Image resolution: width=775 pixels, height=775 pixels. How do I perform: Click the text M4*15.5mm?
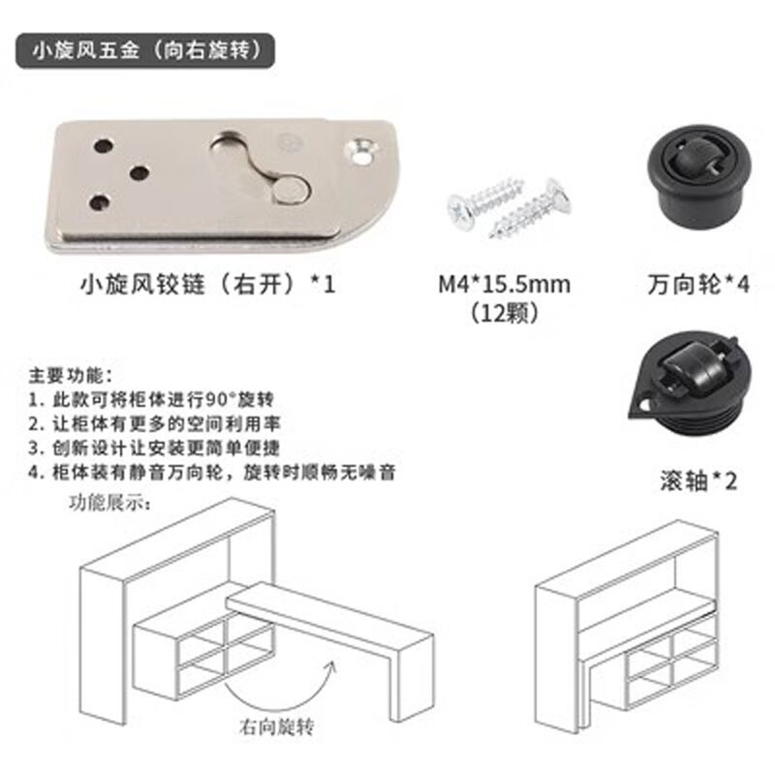[504, 285]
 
